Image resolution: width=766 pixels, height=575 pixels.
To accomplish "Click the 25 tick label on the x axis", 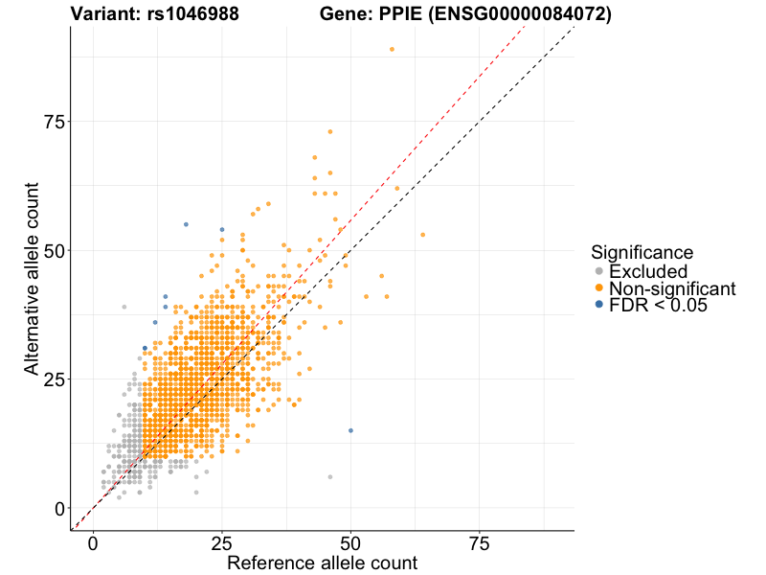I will [x=222, y=544].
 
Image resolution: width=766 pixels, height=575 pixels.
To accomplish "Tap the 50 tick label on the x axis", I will [x=351, y=544].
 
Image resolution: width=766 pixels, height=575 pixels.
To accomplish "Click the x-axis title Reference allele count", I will [x=322, y=563].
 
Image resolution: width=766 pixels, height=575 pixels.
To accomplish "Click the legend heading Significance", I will [x=642, y=253].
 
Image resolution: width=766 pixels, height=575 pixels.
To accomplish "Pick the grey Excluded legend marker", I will [x=598, y=272].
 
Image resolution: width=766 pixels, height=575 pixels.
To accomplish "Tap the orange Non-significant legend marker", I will [x=598, y=288].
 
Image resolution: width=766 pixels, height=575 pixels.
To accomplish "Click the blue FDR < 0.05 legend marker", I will [x=598, y=305].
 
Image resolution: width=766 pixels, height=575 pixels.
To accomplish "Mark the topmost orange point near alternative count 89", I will [x=392, y=50].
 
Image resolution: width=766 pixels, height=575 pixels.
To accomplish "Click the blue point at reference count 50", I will [x=350, y=430].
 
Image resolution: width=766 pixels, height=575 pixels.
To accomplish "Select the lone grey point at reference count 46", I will [x=330, y=476].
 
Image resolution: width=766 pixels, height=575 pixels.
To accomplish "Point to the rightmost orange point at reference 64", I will [x=422, y=235].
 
